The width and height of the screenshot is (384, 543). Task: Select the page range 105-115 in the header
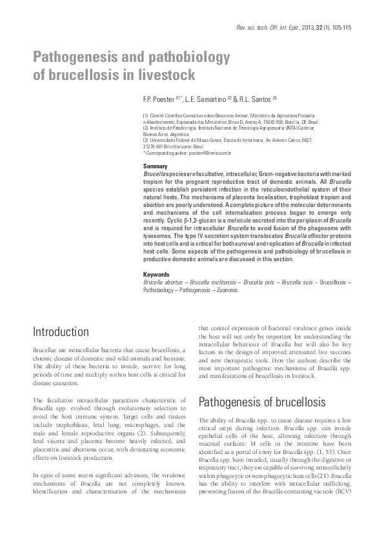[x=339, y=28]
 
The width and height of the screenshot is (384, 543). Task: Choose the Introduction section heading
[x=61, y=332]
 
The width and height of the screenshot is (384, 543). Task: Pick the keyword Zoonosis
[x=225, y=290]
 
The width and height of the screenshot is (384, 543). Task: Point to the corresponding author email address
[x=213, y=153]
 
